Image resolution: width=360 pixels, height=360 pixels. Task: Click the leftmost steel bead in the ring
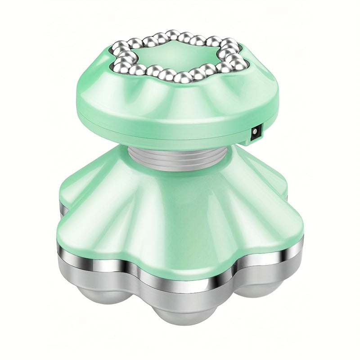(x=118, y=66)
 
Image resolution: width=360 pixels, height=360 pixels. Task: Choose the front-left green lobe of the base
(x=97, y=225)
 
